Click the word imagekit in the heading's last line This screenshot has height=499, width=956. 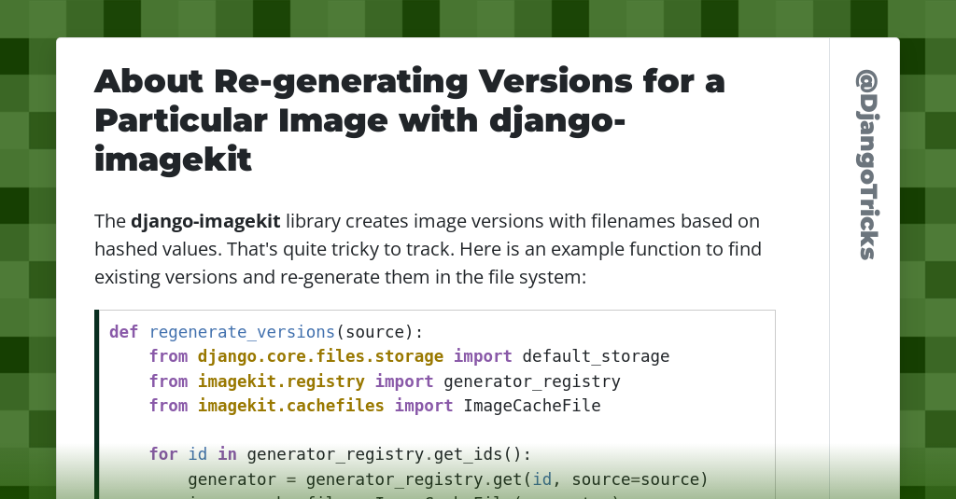174,159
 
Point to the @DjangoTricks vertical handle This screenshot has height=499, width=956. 866,164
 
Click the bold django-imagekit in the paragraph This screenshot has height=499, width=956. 205,222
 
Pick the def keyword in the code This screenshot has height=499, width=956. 123,332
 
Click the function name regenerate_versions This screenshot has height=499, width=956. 242,332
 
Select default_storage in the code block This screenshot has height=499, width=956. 596,356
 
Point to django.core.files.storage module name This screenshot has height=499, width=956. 320,356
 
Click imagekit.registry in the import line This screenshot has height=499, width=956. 281,381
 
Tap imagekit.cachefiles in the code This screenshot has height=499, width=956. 290,406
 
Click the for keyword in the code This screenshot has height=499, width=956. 163,455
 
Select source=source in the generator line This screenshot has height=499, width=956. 640,479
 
